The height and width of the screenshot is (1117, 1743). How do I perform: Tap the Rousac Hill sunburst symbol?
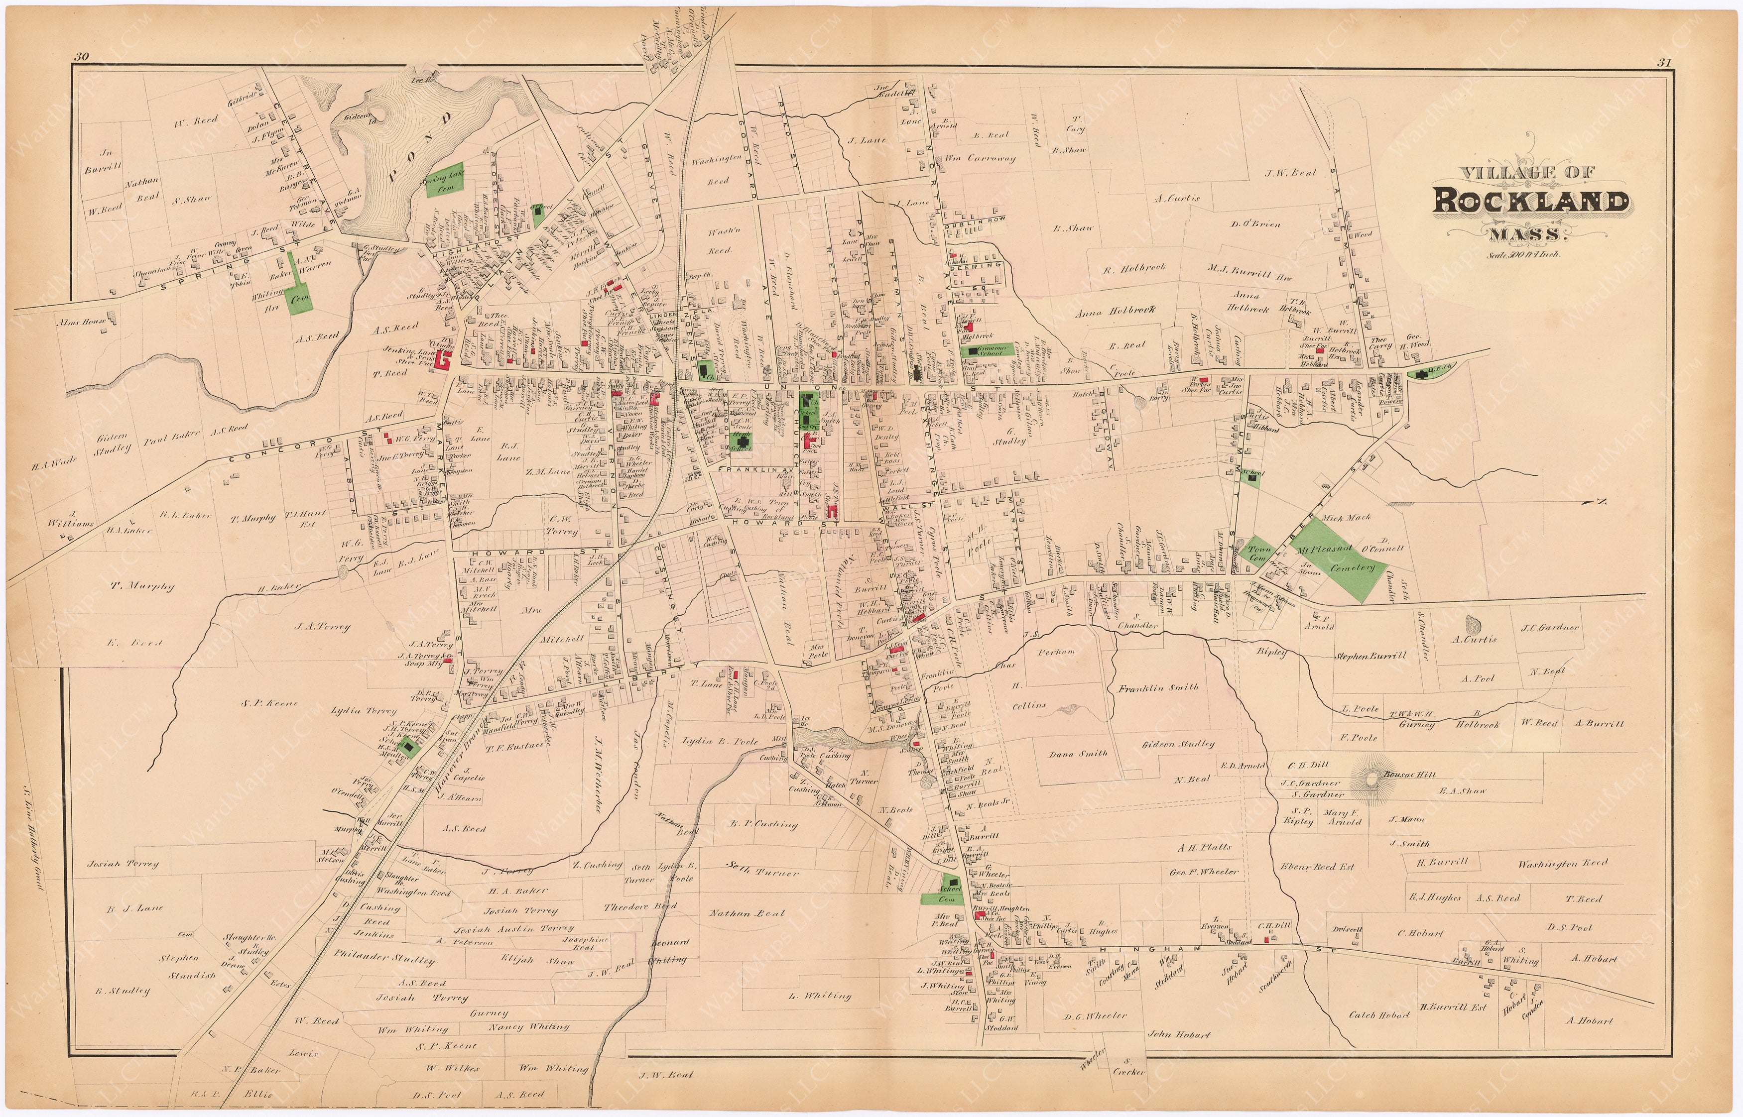point(1373,779)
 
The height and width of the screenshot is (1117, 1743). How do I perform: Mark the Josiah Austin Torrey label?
point(513,928)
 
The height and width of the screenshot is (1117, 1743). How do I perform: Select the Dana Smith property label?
point(1078,754)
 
